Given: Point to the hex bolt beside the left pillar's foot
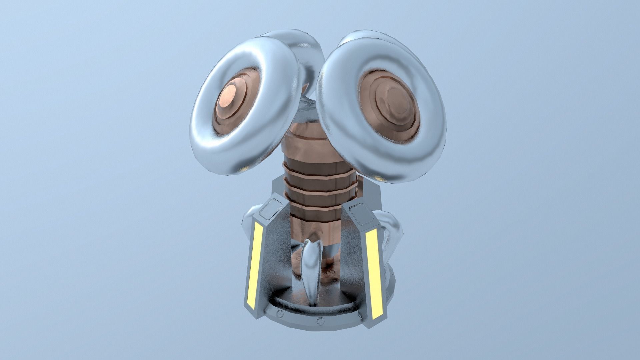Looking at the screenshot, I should (279, 313).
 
